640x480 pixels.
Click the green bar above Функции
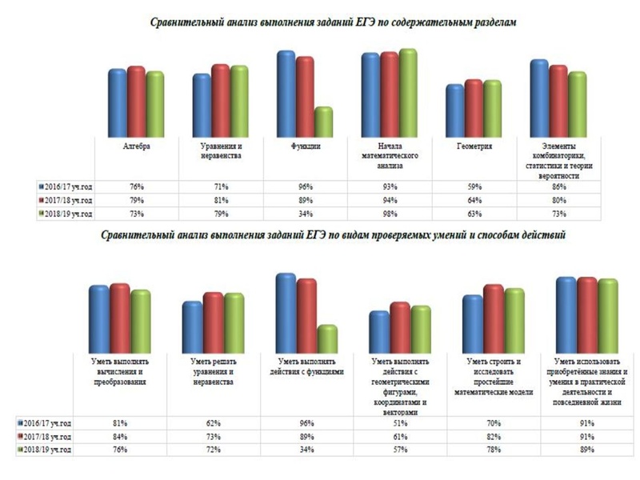point(323,122)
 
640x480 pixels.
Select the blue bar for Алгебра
point(118,104)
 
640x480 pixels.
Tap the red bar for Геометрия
point(474,109)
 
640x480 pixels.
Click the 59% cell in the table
point(473,186)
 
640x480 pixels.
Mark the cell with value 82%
point(493,437)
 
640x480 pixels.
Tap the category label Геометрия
point(474,148)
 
